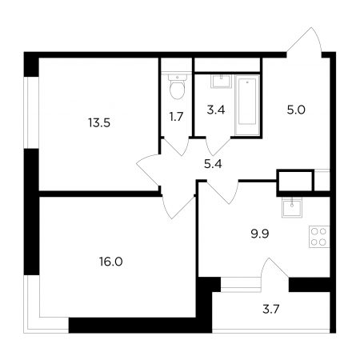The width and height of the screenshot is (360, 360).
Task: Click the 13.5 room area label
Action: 99,123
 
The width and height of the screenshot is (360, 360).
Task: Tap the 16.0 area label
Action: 111,262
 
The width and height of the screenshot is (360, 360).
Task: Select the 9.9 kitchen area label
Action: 260,234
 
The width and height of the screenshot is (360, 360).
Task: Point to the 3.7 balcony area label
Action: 270,310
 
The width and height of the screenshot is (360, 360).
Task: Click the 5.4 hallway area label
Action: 213,164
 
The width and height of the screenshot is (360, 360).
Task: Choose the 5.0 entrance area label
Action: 296,110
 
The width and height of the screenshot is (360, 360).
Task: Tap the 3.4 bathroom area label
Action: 216,110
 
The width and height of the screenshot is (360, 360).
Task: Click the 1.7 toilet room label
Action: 176,117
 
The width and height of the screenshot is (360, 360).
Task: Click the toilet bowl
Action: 177,87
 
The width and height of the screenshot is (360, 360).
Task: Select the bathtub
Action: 247,105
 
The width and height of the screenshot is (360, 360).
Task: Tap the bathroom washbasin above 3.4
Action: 221,82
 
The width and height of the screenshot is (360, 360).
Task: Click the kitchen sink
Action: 292,208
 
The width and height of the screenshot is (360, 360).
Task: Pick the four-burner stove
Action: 319,237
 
